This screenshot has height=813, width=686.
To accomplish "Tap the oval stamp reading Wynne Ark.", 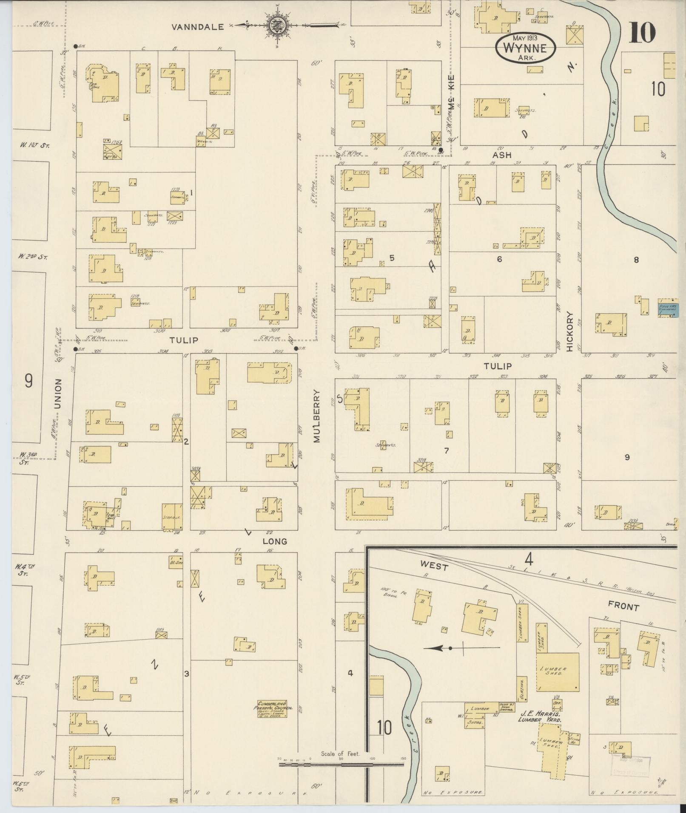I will point(526,48).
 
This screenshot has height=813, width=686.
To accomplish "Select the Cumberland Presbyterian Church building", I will point(272,708).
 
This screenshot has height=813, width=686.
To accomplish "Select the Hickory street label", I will point(570,332).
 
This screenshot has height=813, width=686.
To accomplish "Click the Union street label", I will point(58,394).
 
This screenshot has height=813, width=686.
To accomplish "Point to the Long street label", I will point(274,541).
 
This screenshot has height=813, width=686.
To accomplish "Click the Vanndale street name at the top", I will point(197,27).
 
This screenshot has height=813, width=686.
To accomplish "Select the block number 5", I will point(392,258).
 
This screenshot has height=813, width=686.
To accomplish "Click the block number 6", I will point(499,258).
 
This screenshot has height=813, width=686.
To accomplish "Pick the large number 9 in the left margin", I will point(28,381).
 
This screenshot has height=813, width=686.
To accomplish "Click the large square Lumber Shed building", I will point(557,672).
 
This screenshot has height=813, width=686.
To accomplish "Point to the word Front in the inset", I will point(623,606).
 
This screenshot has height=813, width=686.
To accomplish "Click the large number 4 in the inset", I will point(529,558).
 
